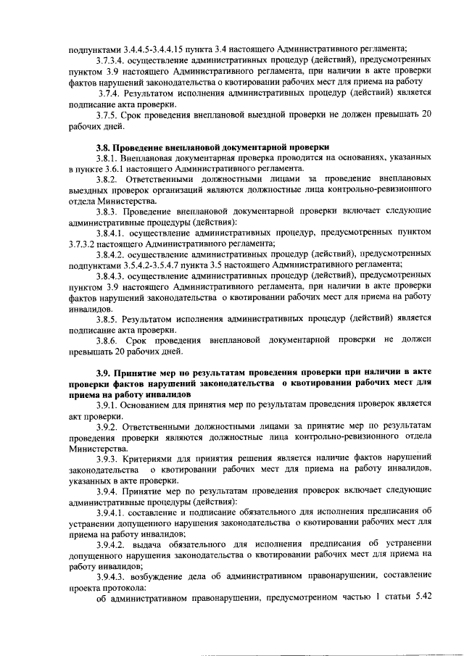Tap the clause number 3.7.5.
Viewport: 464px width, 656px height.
(x=109, y=115)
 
